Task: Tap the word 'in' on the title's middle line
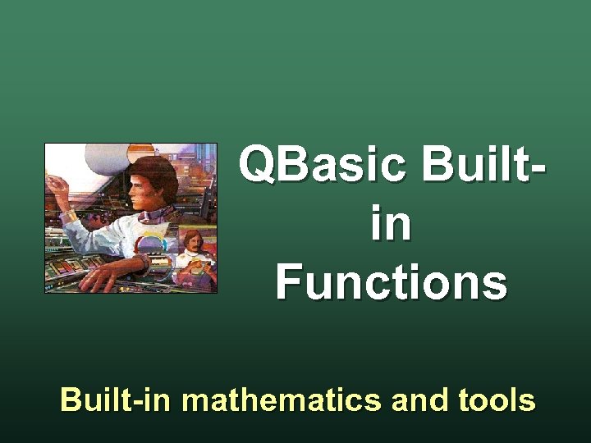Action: [391, 226]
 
